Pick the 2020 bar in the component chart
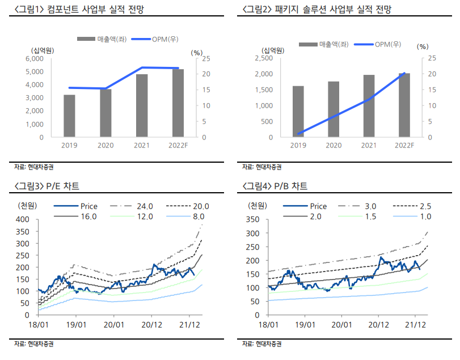(106, 113)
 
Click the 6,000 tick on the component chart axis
(35, 58)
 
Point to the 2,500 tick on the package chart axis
(264, 58)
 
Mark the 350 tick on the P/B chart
(252, 219)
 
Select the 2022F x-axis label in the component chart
(178, 146)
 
